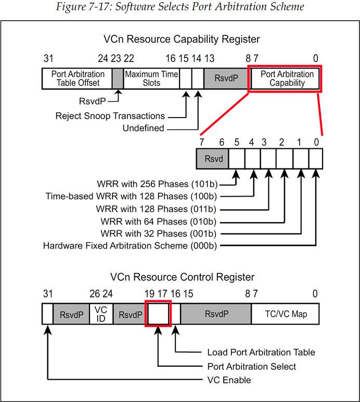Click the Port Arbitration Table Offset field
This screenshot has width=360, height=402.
click(78, 78)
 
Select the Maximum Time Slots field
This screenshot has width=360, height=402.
click(151, 78)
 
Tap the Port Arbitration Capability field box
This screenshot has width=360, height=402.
click(287, 78)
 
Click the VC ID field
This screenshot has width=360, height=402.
click(101, 314)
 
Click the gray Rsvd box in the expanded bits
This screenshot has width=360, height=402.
click(212, 158)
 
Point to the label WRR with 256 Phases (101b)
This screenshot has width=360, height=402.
click(157, 184)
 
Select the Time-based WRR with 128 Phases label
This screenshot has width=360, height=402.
click(131, 196)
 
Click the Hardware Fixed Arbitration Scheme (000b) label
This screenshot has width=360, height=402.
click(130, 245)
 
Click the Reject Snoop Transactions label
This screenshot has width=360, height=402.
click(110, 115)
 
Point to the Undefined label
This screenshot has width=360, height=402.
click(143, 128)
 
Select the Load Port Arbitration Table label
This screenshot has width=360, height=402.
click(261, 353)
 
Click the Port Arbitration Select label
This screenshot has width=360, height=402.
click(252, 366)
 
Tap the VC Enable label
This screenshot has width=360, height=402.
click(229, 380)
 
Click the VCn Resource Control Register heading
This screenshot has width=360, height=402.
click(182, 277)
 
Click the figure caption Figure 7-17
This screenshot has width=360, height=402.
click(180, 7)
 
